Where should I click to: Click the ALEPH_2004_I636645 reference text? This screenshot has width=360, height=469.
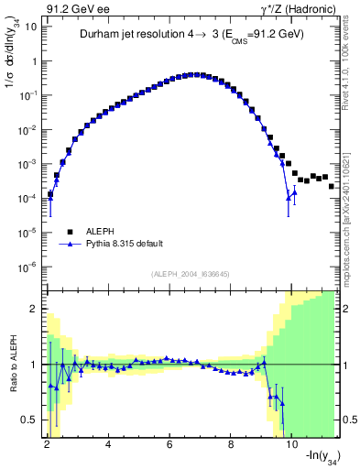click(190, 274)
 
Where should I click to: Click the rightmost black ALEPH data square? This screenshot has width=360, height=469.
click(331, 186)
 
